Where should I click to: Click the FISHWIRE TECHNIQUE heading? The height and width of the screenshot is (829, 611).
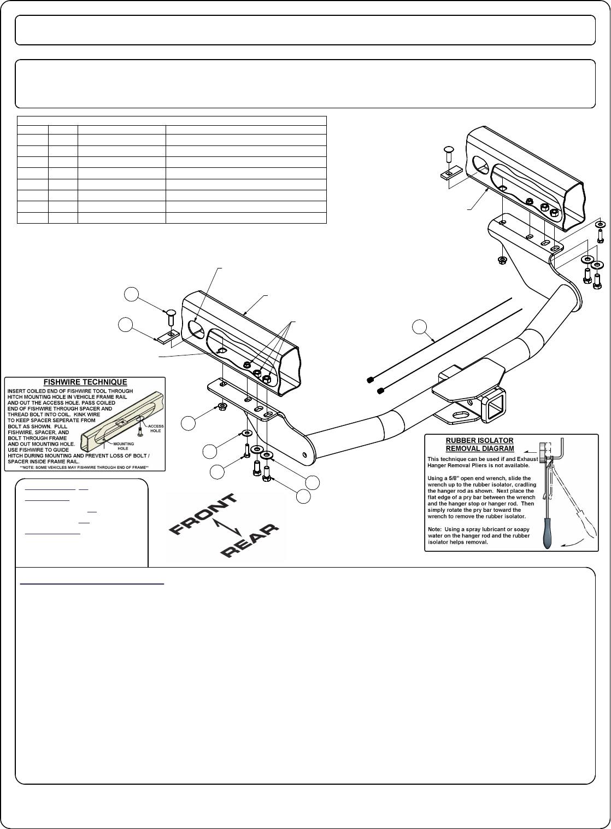coord(85,382)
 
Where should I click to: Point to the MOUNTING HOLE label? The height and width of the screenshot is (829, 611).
coord(123,461)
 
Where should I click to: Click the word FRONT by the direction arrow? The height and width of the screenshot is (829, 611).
coord(202,513)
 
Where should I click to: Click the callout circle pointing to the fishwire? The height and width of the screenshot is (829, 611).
coord(419,328)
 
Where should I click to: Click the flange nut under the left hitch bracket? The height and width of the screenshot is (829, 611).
coord(222,406)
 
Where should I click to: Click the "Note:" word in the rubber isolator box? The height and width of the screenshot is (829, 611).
coord(435,529)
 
